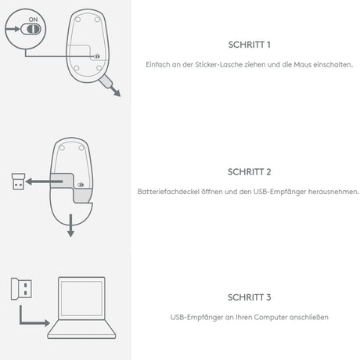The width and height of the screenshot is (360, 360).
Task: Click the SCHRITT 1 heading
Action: (x=249, y=45)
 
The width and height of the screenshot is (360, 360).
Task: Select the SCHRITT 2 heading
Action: (x=249, y=172)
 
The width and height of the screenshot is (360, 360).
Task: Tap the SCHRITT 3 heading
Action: (x=249, y=297)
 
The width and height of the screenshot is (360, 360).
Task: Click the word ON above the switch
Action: (x=33, y=20)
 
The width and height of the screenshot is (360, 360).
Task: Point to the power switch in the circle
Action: (x=31, y=29)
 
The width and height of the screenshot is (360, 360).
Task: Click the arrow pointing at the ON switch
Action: (x=13, y=29)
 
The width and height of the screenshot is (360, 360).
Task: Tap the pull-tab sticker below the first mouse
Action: (x=106, y=81)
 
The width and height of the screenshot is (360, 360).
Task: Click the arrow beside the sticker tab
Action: (x=115, y=92)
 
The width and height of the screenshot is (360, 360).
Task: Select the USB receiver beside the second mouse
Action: (x=18, y=182)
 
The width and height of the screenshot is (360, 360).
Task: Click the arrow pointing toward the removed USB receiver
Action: (x=44, y=182)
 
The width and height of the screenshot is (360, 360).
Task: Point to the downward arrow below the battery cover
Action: (x=70, y=225)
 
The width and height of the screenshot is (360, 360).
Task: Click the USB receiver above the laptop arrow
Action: (x=21, y=289)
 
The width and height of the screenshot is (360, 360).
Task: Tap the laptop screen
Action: (x=81, y=298)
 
